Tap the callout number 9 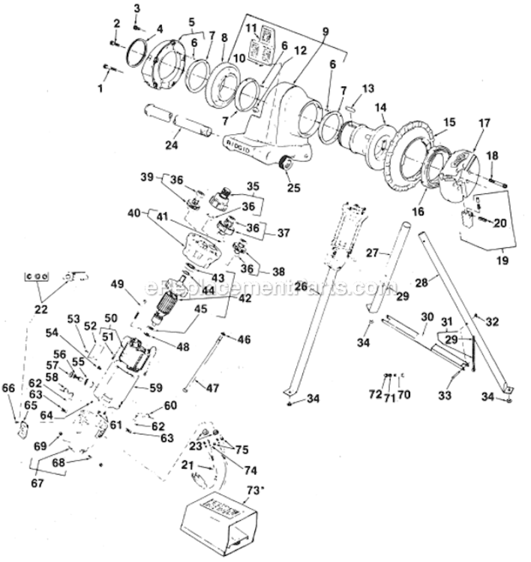click(325, 31)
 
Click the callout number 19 click(501, 262)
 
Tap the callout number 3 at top click(136, 8)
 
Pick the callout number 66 click(8, 388)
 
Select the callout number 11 click(253, 27)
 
